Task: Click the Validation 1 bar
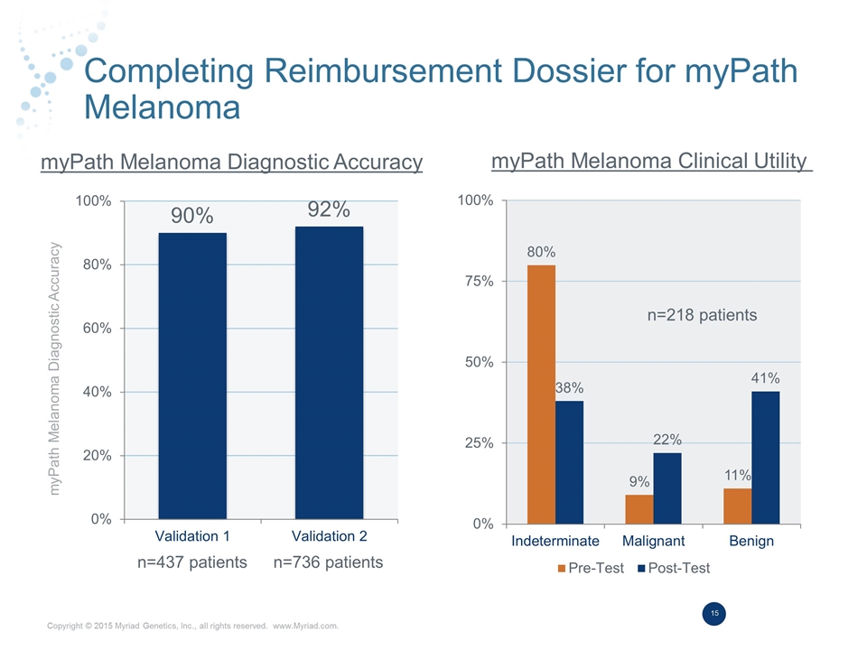pyautogui.click(x=191, y=376)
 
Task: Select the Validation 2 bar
pyautogui.click(x=329, y=372)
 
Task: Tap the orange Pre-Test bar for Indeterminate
pyautogui.click(x=541, y=394)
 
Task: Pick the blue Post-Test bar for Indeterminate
pyautogui.click(x=569, y=461)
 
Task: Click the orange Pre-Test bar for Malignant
pyautogui.click(x=639, y=509)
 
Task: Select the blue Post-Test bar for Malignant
pyautogui.click(x=667, y=487)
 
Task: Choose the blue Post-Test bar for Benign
pyautogui.click(x=765, y=457)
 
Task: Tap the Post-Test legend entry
pyautogui.click(x=674, y=568)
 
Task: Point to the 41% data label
pyautogui.click(x=765, y=377)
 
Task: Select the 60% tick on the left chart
pyautogui.click(x=94, y=329)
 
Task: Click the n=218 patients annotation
pyautogui.click(x=702, y=315)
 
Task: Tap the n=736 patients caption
pyautogui.click(x=328, y=562)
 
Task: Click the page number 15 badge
pyautogui.click(x=713, y=615)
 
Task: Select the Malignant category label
pyautogui.click(x=653, y=541)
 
